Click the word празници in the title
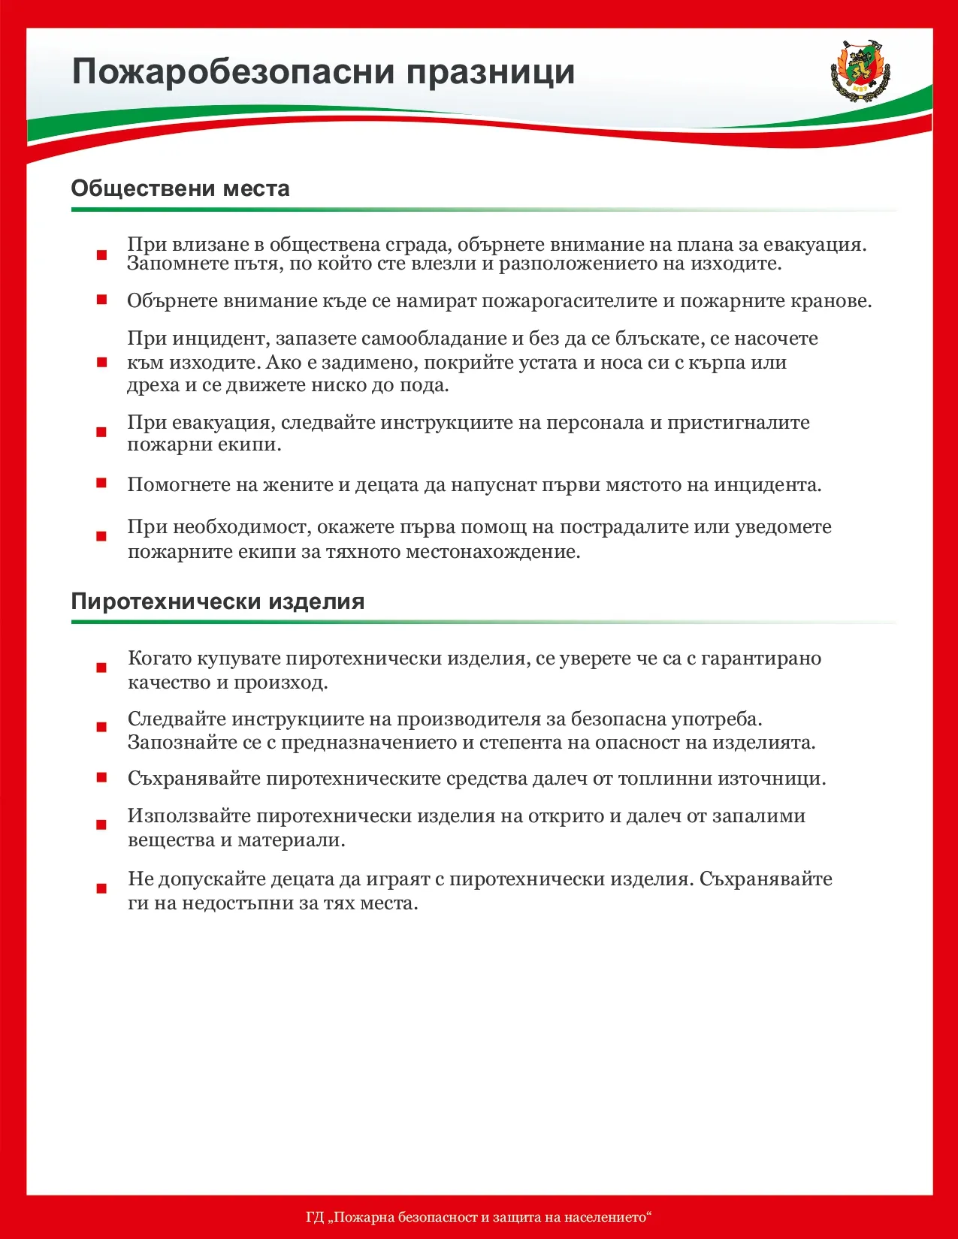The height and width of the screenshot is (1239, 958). (491, 73)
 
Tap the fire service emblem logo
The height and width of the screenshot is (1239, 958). (860, 68)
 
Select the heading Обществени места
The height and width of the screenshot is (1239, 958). (180, 188)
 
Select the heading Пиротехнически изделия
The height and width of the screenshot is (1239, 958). (218, 601)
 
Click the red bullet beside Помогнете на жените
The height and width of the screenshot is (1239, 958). (101, 483)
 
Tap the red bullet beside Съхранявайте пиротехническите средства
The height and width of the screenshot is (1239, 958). (101, 777)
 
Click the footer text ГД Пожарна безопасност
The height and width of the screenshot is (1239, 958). (479, 1216)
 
